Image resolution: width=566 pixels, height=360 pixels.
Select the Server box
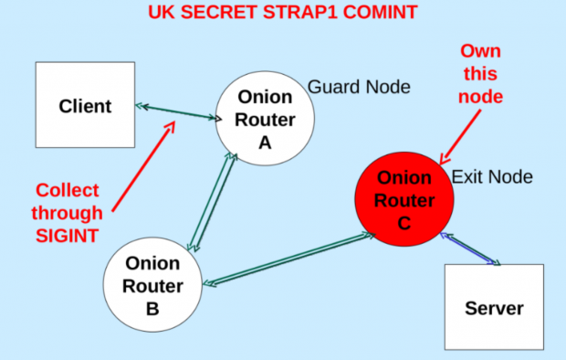point(494,308)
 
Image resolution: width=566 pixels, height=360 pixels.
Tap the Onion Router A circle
point(265,118)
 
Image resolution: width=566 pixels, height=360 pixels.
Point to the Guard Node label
point(359,87)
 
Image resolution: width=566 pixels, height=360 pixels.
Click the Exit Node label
point(492,177)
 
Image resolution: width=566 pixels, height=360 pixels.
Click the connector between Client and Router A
point(179,112)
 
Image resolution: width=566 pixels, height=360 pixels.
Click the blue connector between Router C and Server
point(469,249)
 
